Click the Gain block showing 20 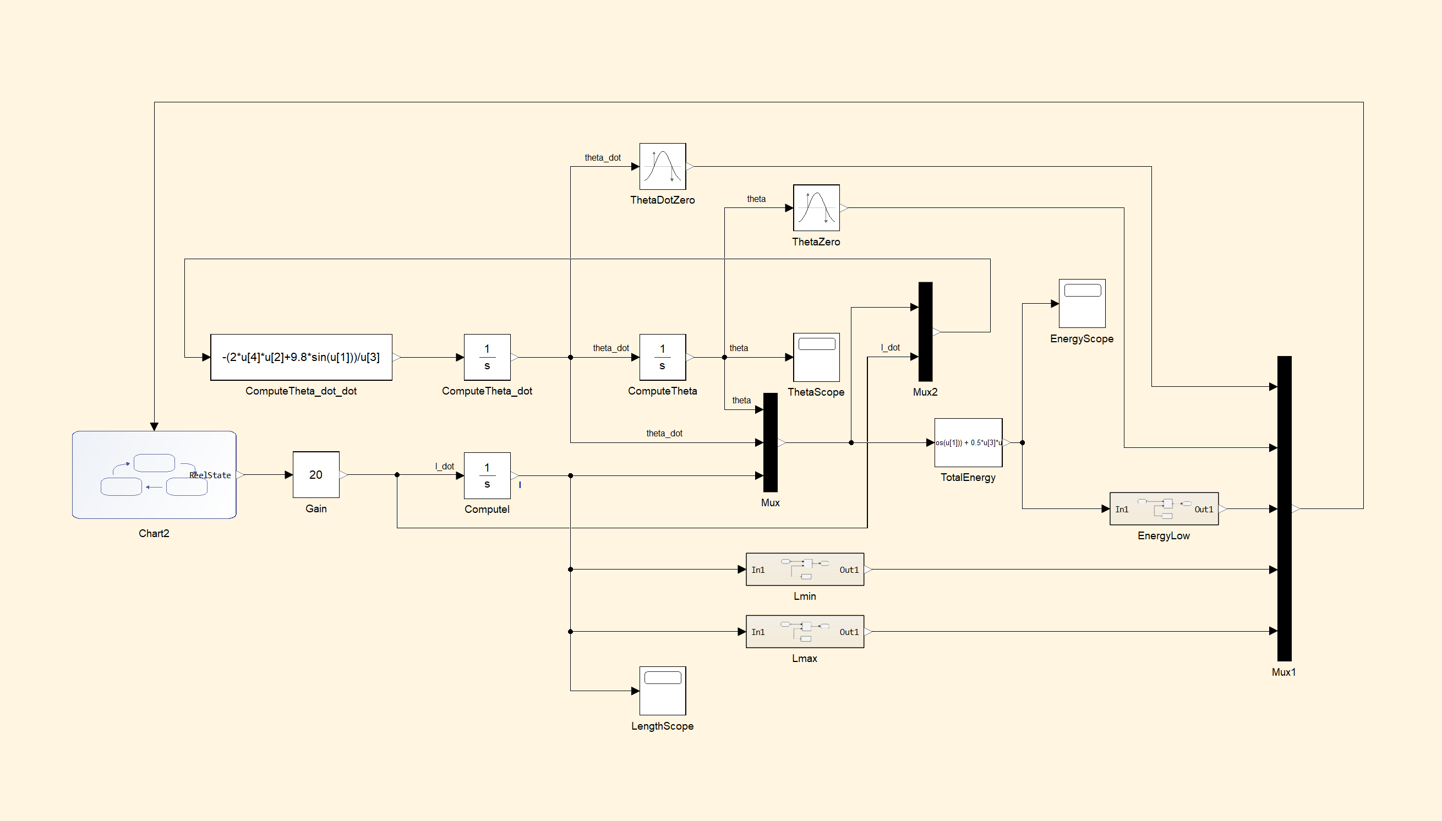tap(316, 475)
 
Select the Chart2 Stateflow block tap(154, 475)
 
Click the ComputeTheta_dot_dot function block tap(301, 357)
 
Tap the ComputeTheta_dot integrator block tap(487, 357)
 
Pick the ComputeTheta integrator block tap(662, 357)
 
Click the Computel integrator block tap(487, 475)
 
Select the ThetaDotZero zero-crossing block tap(662, 166)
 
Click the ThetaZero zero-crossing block tap(816, 207)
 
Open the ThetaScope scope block tap(816, 357)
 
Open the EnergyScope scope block tap(1081, 303)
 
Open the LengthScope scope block tap(662, 691)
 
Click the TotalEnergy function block tap(968, 442)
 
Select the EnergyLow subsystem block tap(1164, 508)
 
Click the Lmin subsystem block tap(804, 570)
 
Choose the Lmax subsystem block tap(804, 632)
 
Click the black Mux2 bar tap(925, 332)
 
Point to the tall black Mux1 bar tap(1284, 508)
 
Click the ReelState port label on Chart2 tap(210, 475)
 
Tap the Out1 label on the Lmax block tap(849, 632)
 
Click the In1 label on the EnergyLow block tap(1122, 509)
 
